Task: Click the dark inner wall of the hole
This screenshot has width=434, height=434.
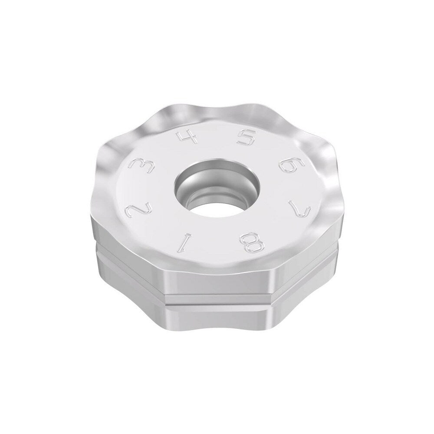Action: point(191,182)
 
